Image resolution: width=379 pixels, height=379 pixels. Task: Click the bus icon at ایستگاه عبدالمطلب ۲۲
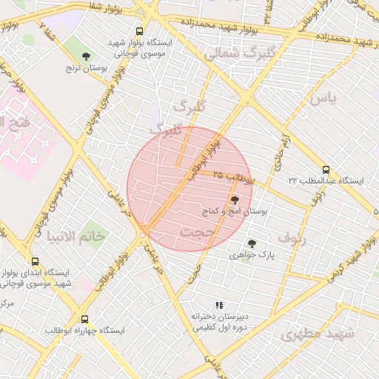326,168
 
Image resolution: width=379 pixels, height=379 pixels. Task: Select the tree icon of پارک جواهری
252,242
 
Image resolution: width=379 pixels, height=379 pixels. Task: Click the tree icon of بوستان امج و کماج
235,199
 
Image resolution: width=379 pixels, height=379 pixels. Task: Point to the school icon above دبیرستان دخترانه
218,304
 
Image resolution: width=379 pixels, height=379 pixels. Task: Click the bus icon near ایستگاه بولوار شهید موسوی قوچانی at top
139,31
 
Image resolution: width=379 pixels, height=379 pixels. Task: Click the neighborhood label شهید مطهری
318,333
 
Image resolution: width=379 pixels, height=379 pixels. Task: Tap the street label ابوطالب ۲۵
232,178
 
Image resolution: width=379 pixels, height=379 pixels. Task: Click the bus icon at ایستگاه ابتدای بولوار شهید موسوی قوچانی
36,261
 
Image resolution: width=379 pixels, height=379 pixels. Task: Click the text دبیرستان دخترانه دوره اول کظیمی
218,321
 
